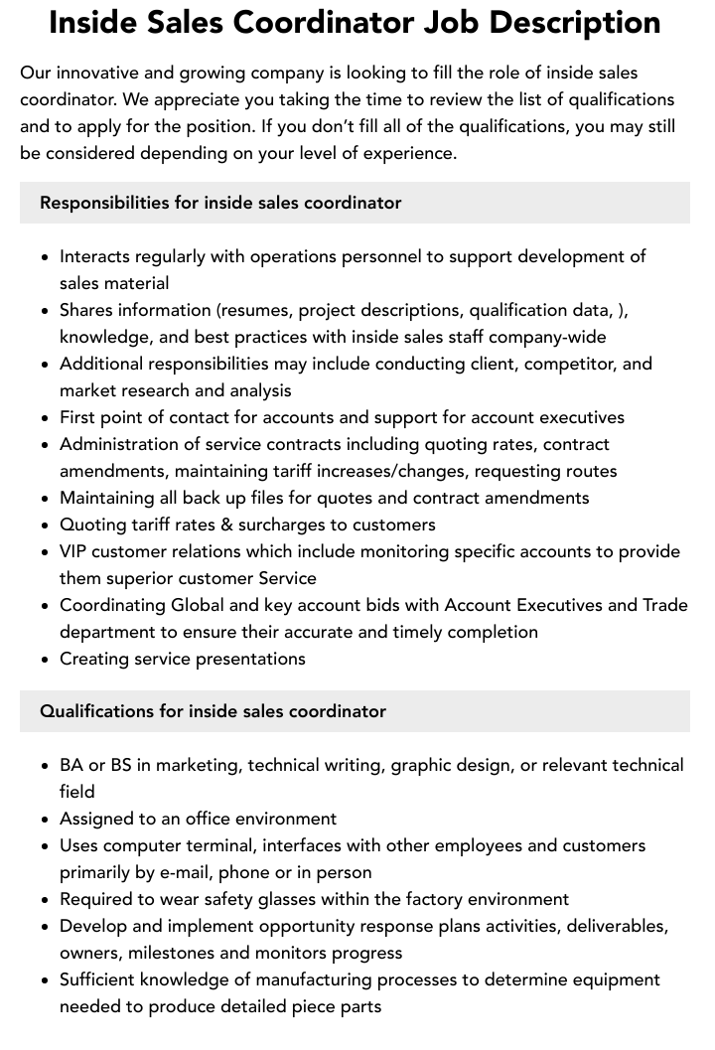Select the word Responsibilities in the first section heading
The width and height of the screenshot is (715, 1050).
[x=104, y=203]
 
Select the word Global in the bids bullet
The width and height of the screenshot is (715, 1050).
[x=198, y=605]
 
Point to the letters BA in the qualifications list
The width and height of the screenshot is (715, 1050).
[x=71, y=765]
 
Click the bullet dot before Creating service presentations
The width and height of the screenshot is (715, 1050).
[x=45, y=660]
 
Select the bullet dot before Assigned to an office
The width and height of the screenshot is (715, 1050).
[x=45, y=820]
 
